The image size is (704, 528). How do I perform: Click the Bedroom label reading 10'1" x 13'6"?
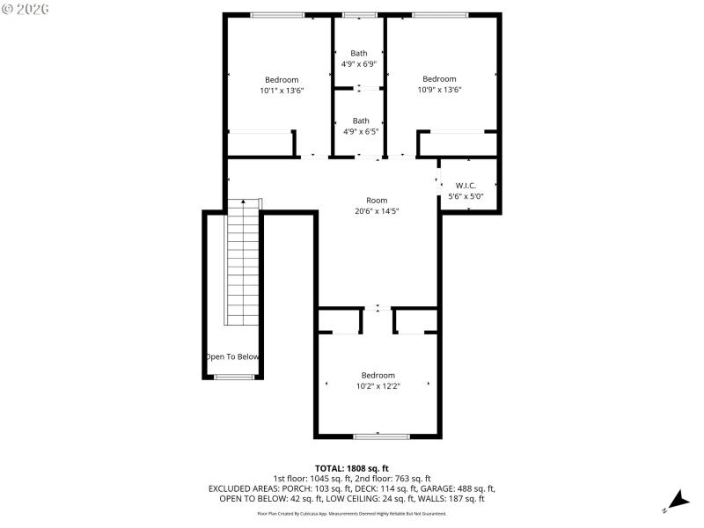[282, 84]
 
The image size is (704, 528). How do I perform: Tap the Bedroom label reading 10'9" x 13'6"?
[439, 84]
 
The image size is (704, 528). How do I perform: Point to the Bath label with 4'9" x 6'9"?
[359, 58]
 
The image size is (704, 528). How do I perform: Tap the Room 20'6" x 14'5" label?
[377, 205]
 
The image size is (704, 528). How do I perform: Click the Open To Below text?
[232, 356]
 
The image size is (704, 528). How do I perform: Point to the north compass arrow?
[677, 500]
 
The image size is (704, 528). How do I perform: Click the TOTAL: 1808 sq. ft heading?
[352, 468]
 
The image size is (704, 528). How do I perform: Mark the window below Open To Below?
[233, 378]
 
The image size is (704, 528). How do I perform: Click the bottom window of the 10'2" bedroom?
[380, 436]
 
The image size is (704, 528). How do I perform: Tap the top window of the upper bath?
[359, 15]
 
